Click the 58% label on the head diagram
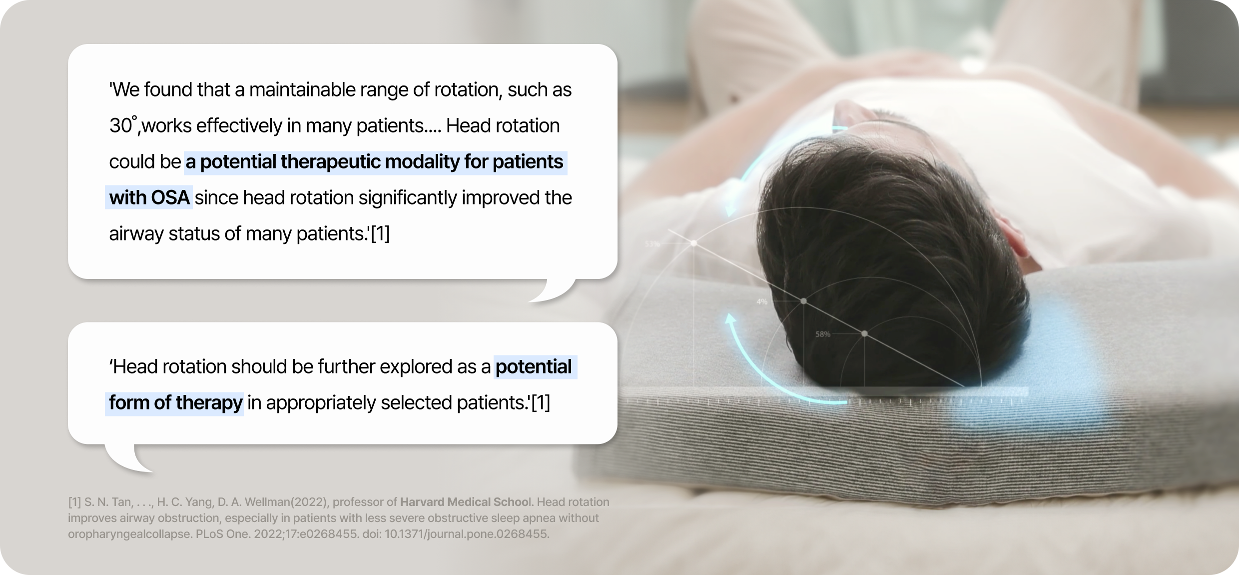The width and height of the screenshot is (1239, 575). point(823,334)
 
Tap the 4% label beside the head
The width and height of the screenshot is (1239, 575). point(761,301)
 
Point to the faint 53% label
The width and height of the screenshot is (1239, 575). point(652,244)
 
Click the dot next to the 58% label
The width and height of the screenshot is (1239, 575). point(864,333)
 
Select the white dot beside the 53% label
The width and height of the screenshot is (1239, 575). point(694,243)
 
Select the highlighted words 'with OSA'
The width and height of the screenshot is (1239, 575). point(149,197)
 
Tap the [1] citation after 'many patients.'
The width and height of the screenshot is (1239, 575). point(380,233)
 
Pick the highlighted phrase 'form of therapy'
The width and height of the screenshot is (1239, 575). point(175,402)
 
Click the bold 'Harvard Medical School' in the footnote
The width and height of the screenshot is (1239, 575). point(467,501)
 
